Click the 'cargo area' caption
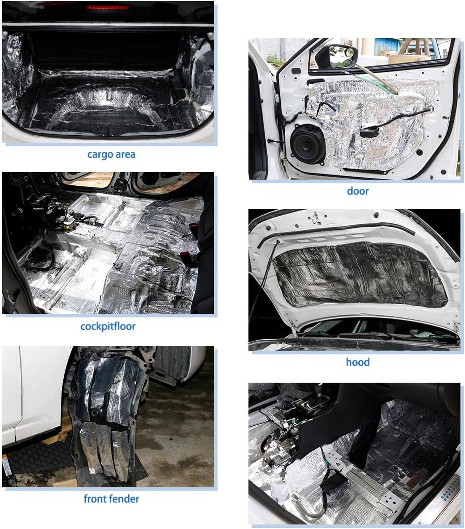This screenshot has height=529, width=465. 111,154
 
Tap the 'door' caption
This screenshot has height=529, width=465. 358,191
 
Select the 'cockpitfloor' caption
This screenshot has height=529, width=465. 108,326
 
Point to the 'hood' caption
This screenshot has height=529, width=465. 358,362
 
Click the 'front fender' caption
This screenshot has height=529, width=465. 111,499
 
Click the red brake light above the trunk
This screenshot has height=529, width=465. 107,7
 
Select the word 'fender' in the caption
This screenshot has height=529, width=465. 123,499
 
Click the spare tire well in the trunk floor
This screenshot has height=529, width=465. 111,101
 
